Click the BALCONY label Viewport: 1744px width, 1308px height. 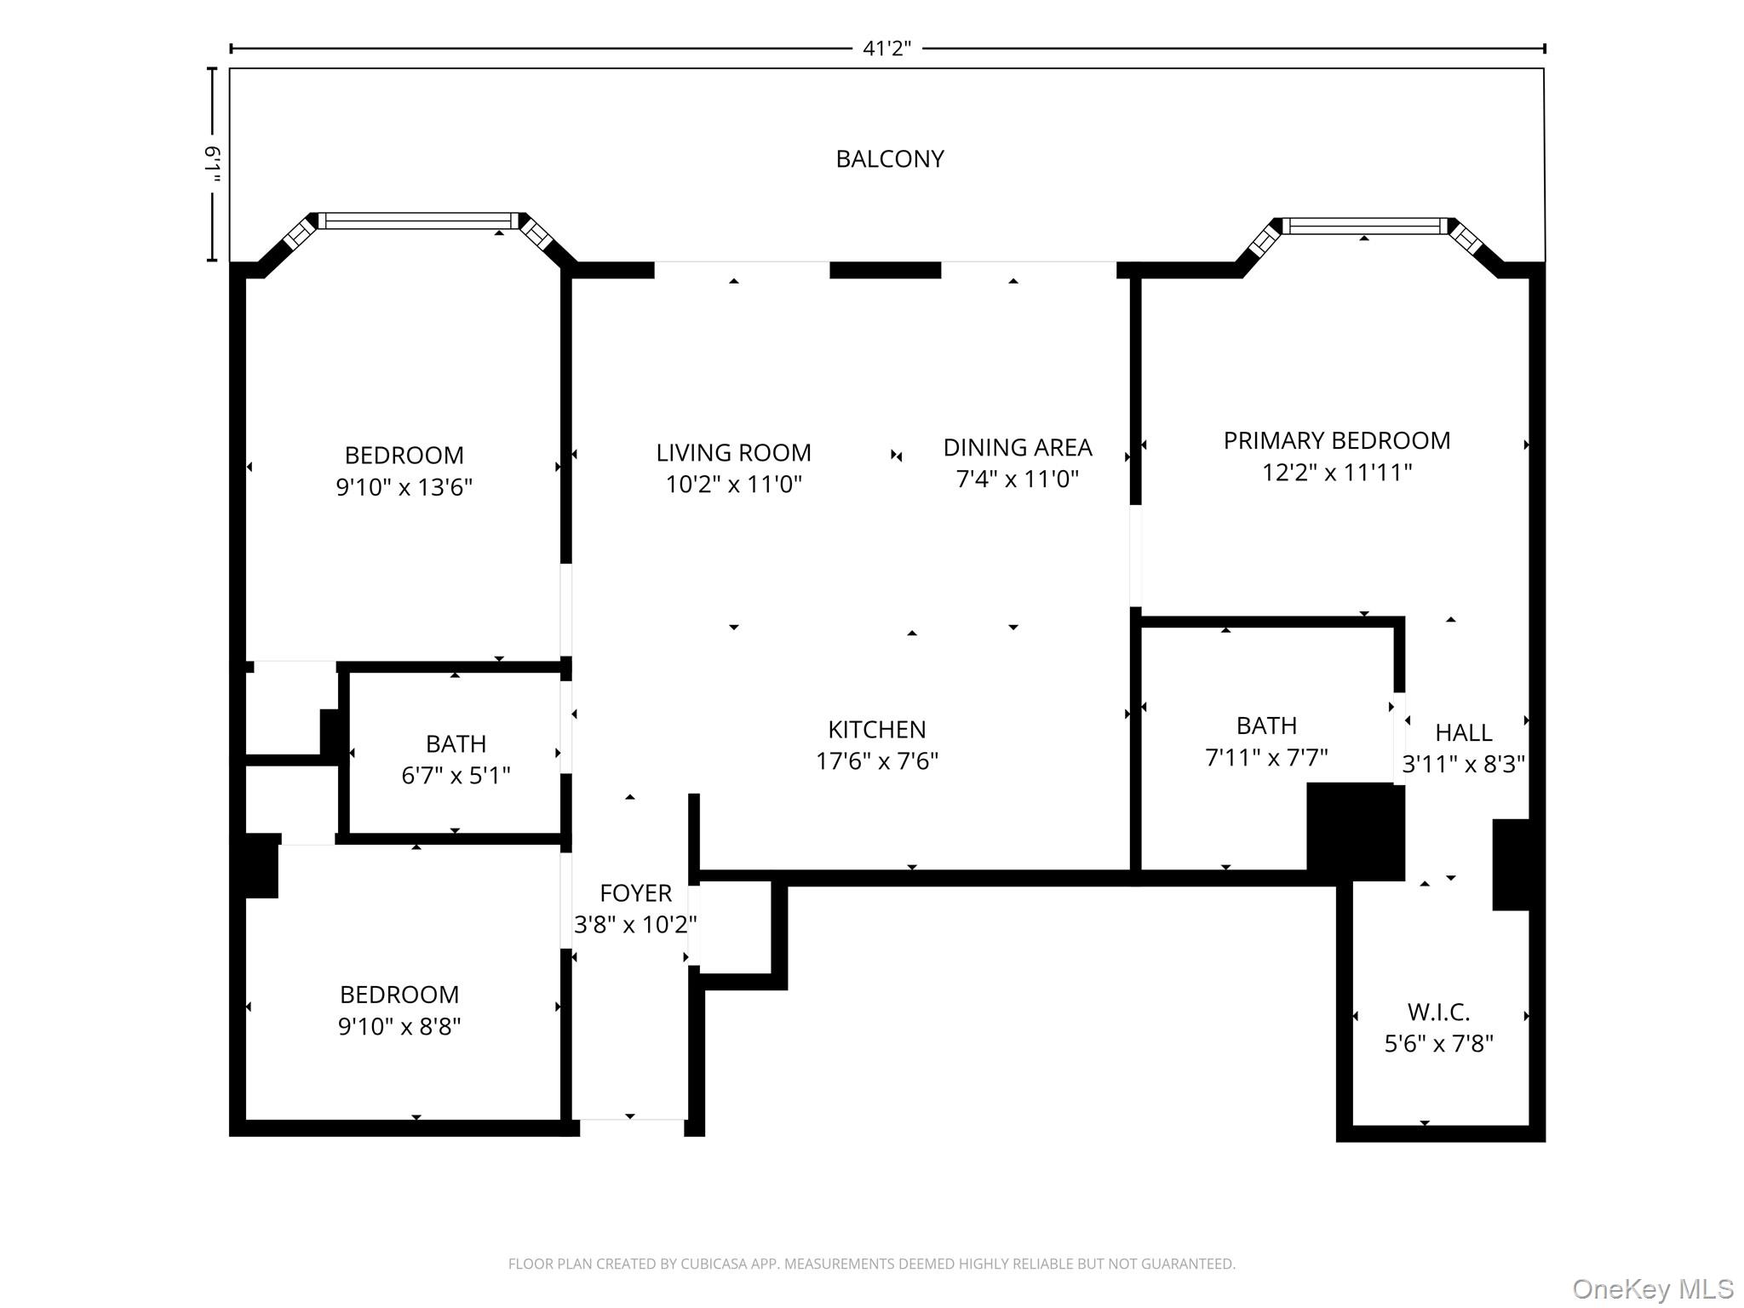(x=890, y=159)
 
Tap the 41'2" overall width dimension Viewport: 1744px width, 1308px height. (x=886, y=49)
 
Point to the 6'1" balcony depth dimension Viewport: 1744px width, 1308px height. (x=213, y=164)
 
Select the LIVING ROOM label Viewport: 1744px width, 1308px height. (x=733, y=452)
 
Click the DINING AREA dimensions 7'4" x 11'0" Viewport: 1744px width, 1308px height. (x=1017, y=479)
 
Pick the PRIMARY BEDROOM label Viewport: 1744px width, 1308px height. (x=1336, y=440)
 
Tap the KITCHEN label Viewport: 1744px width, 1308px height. (x=876, y=729)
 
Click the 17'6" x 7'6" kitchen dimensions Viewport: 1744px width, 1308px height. (x=876, y=761)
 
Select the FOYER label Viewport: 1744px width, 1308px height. (x=635, y=892)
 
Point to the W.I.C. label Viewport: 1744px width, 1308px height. (x=1438, y=1012)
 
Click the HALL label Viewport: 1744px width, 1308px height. (x=1463, y=732)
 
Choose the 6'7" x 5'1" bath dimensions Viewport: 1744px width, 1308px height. (x=456, y=776)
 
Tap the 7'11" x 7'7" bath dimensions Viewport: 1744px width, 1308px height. (x=1266, y=757)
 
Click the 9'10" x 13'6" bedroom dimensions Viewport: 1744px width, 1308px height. (x=404, y=487)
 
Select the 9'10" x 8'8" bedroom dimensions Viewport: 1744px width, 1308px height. (x=399, y=1026)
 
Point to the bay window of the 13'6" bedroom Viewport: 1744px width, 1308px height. (x=417, y=221)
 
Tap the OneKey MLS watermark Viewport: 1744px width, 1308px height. (x=1652, y=1288)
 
